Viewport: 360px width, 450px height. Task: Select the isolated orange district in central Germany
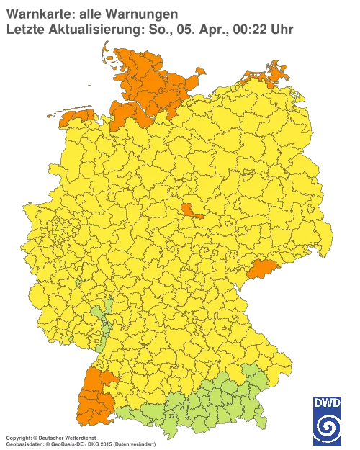[x=191, y=210]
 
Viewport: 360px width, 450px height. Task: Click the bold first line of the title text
[x=91, y=13]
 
